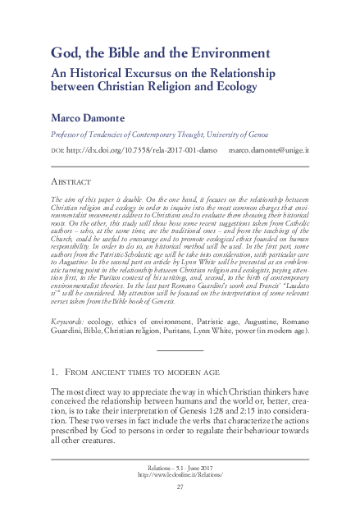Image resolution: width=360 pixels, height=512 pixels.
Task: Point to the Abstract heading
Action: click(x=71, y=181)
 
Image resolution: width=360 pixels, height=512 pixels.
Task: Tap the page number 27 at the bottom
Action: click(x=180, y=487)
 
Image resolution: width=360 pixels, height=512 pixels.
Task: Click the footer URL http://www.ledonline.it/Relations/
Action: click(x=180, y=474)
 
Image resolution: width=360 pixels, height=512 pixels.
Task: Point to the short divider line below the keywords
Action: click(x=180, y=350)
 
